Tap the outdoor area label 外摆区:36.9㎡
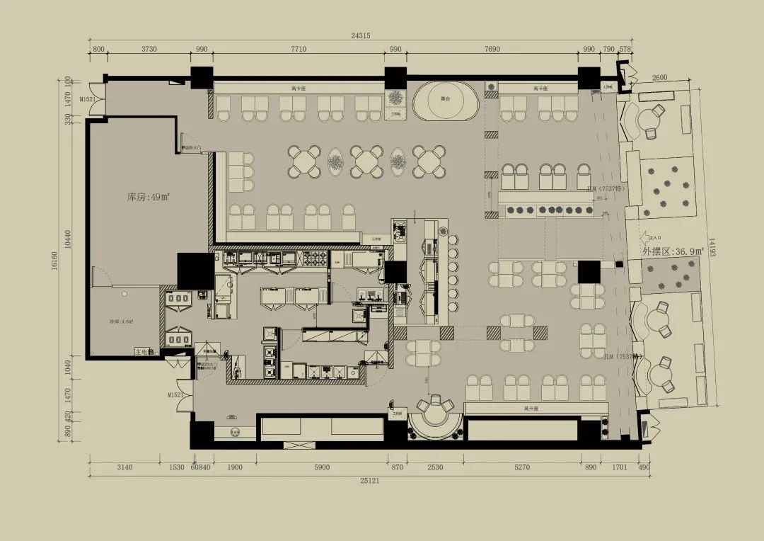[x=673, y=251]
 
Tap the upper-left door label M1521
[x=86, y=100]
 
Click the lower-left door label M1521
[x=176, y=394]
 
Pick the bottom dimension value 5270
[x=521, y=467]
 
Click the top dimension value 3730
[x=149, y=49]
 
